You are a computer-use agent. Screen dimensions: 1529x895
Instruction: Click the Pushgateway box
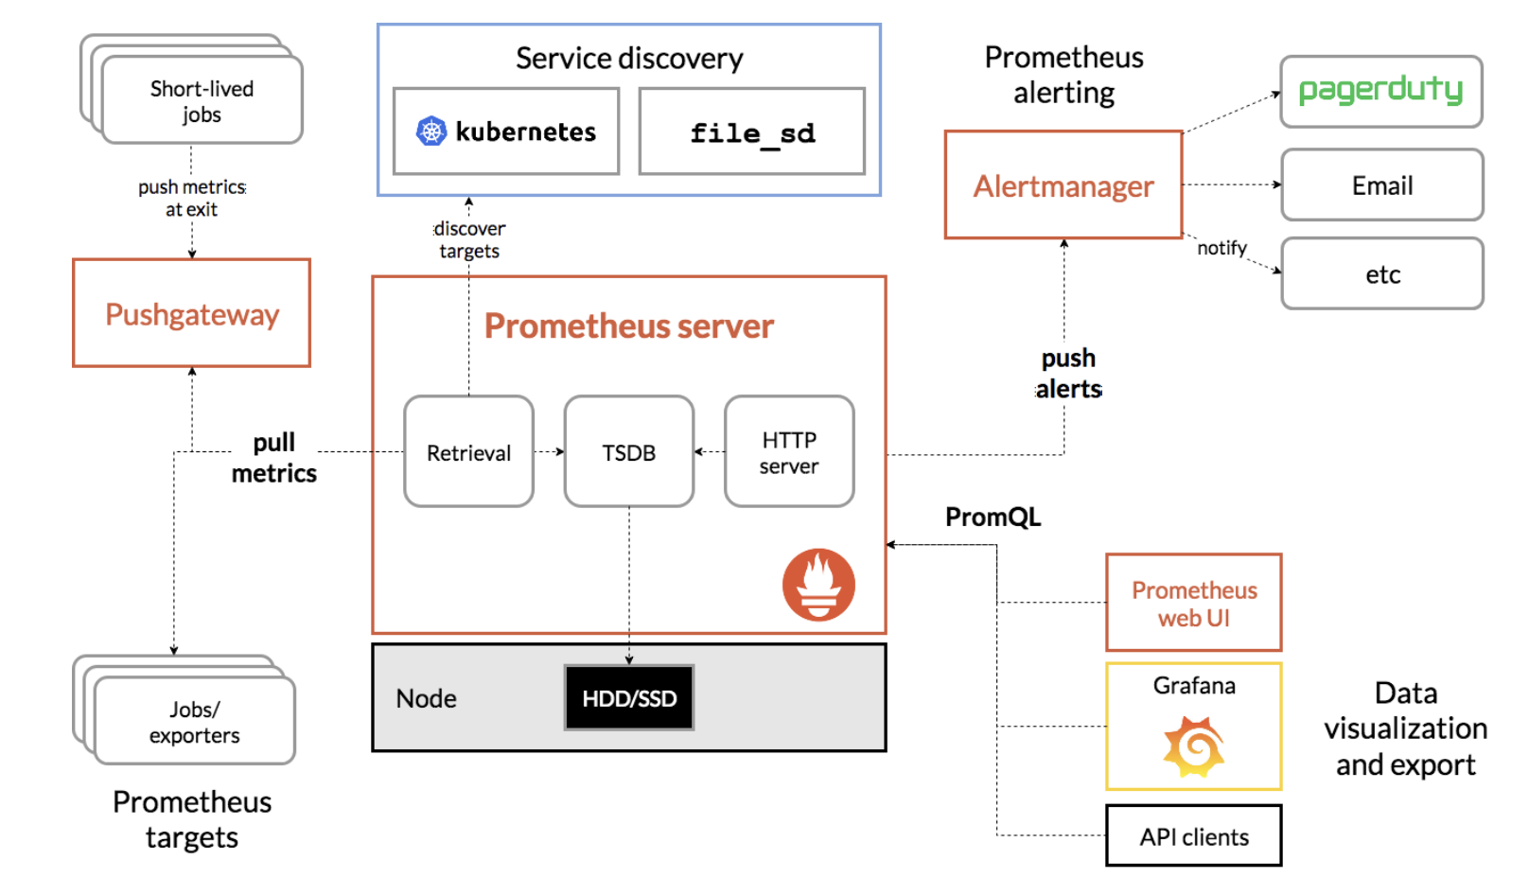coord(192,313)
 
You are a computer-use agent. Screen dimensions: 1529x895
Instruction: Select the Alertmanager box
coord(1063,185)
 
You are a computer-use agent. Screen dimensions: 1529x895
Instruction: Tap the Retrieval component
coord(469,451)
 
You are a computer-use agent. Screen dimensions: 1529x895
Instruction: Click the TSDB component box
coord(629,451)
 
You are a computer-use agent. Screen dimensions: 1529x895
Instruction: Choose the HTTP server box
coord(790,451)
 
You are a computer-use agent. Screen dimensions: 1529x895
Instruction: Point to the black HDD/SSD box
coord(629,697)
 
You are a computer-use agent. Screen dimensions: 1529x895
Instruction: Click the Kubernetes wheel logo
coord(431,132)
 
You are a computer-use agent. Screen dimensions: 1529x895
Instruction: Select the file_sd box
coord(752,132)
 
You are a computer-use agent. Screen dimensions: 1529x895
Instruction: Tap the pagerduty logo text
coord(1380,90)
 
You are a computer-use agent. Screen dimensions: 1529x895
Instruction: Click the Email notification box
coord(1382,185)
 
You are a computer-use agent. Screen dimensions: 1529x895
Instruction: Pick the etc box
coord(1382,273)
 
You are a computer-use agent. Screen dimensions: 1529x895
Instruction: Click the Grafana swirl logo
coord(1194,746)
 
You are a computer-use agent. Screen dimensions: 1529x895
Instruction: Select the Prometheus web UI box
coord(1194,603)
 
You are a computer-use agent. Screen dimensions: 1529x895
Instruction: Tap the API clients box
coord(1194,836)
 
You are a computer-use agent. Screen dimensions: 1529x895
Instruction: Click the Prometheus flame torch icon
coord(818,585)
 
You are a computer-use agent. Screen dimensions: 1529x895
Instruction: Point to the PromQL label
coord(993,518)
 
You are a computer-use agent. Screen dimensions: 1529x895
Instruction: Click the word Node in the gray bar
coord(426,698)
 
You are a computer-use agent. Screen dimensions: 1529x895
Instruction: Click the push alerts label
coord(1068,374)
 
